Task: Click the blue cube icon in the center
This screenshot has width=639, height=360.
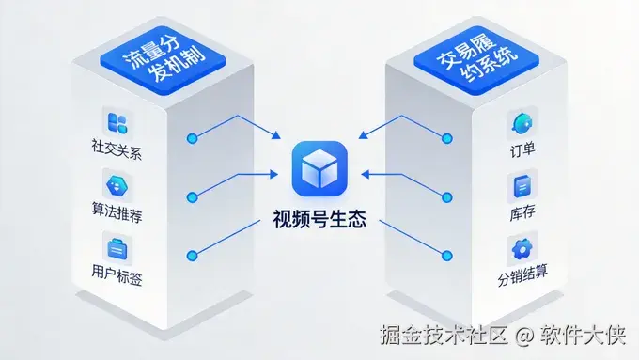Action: pos(319,169)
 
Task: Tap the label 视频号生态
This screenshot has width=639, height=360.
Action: pos(319,224)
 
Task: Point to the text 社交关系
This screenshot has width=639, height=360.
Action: pos(117,149)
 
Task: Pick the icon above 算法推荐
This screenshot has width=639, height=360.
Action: pos(118,185)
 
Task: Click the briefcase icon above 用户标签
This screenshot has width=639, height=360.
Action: pos(118,249)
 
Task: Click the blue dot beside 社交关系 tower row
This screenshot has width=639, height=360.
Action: pos(193,137)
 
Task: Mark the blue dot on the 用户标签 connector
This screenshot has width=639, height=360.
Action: pos(193,256)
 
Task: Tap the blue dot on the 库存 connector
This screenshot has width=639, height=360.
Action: pos(448,196)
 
